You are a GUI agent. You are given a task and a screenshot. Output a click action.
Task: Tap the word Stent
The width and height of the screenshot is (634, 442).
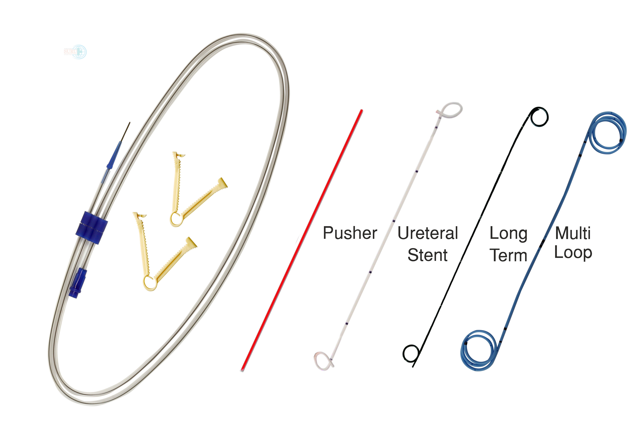tap(427, 255)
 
